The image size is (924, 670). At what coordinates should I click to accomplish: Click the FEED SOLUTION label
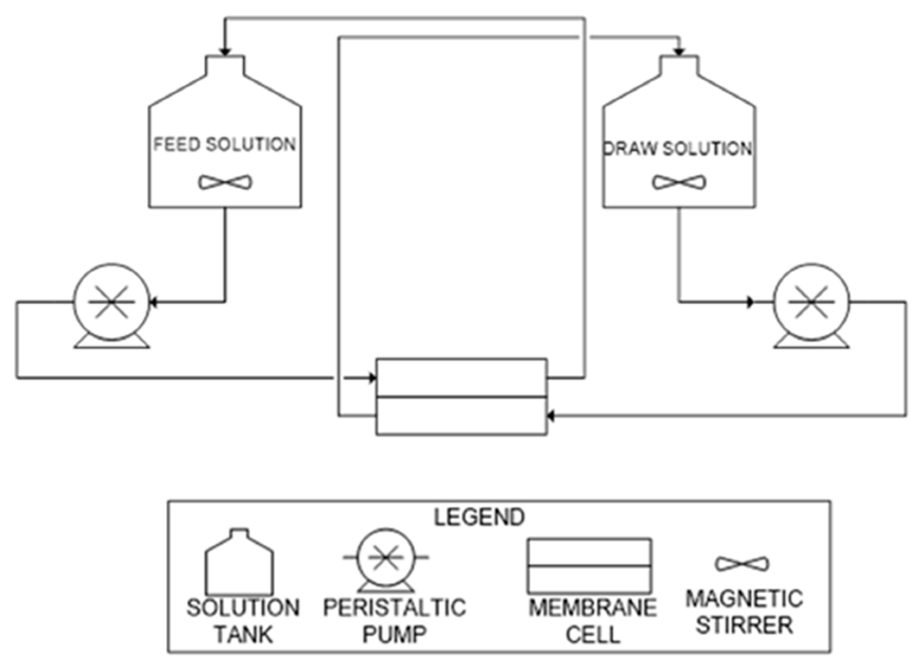point(225,144)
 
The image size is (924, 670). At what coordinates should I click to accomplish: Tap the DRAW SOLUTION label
point(678,148)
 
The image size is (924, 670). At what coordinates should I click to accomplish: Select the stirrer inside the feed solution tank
point(225,182)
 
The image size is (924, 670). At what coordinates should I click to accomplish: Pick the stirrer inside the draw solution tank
point(679,182)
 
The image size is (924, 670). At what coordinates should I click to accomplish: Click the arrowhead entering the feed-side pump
point(153,302)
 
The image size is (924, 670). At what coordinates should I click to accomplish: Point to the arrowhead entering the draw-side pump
point(751,302)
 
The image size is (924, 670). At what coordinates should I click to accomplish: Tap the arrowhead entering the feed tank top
point(225,51)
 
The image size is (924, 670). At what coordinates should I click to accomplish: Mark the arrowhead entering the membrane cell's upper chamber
point(372,378)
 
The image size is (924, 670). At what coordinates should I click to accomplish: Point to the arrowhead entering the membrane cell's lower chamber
point(551,416)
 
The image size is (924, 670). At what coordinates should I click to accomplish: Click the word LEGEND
point(479,517)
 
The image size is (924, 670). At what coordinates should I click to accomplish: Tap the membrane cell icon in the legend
point(589,566)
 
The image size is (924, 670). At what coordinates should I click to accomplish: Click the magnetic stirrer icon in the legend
point(742,564)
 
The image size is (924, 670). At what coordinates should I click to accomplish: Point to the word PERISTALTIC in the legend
point(395,608)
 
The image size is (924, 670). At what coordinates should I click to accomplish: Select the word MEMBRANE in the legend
point(593,608)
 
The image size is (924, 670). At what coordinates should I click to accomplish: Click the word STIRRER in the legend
point(744,625)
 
